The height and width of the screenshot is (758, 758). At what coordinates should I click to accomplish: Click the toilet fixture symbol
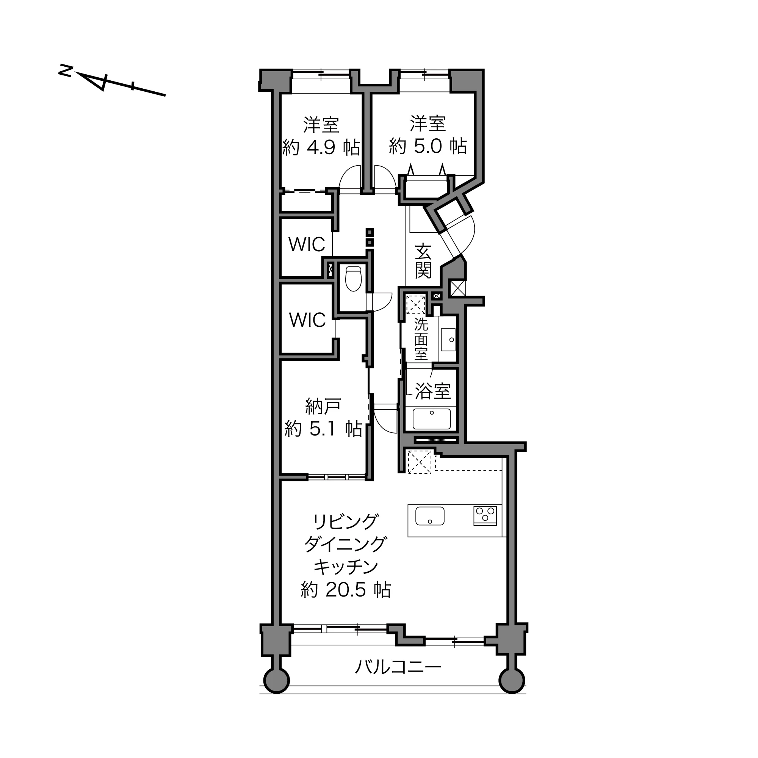tap(353, 279)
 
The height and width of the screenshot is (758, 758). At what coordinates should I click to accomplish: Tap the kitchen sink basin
tap(430, 516)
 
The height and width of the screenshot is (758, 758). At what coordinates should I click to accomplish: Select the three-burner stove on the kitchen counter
tap(485, 516)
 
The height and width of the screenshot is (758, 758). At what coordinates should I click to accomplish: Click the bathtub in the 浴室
tap(432, 419)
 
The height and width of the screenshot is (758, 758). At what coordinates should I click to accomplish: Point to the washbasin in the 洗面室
tap(448, 339)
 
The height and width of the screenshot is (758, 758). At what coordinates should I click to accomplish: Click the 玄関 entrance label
tap(423, 261)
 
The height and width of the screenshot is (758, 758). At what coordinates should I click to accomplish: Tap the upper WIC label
tap(307, 244)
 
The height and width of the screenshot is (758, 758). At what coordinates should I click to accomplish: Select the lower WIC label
tap(308, 320)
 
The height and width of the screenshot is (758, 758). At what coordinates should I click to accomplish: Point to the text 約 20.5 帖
tap(346, 590)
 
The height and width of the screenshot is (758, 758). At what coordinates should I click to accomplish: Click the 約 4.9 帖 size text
tap(321, 147)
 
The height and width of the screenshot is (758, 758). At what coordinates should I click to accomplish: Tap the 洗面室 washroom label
tap(421, 339)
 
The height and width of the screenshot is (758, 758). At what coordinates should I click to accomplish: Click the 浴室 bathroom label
tap(433, 391)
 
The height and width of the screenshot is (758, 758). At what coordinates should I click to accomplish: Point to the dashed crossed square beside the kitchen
tap(420, 462)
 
